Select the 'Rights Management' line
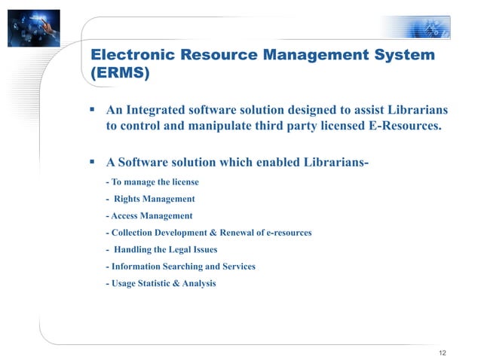155,199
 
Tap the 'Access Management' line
149,216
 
